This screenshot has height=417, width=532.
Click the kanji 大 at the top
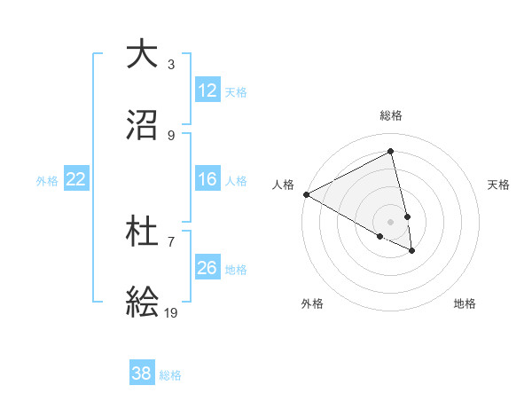142,55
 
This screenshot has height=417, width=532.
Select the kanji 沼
142,126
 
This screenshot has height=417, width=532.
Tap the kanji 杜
142,233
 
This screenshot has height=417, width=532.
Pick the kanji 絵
142,303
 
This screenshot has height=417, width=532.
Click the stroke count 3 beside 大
171,65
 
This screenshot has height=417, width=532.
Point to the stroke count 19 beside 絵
171,313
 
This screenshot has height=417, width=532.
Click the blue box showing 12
207,90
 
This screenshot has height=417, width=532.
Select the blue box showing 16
207,179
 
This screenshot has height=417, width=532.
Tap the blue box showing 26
207,268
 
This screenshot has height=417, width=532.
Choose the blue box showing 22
76,179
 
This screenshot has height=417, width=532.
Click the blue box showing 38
142,374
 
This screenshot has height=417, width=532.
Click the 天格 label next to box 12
236,92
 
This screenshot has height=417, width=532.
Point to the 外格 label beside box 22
47,181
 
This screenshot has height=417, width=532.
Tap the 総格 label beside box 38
170,375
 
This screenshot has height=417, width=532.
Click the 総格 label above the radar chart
391,115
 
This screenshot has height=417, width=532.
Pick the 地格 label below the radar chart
465,303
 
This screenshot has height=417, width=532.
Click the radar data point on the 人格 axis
306,194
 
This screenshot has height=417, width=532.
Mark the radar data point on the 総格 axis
391,151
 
